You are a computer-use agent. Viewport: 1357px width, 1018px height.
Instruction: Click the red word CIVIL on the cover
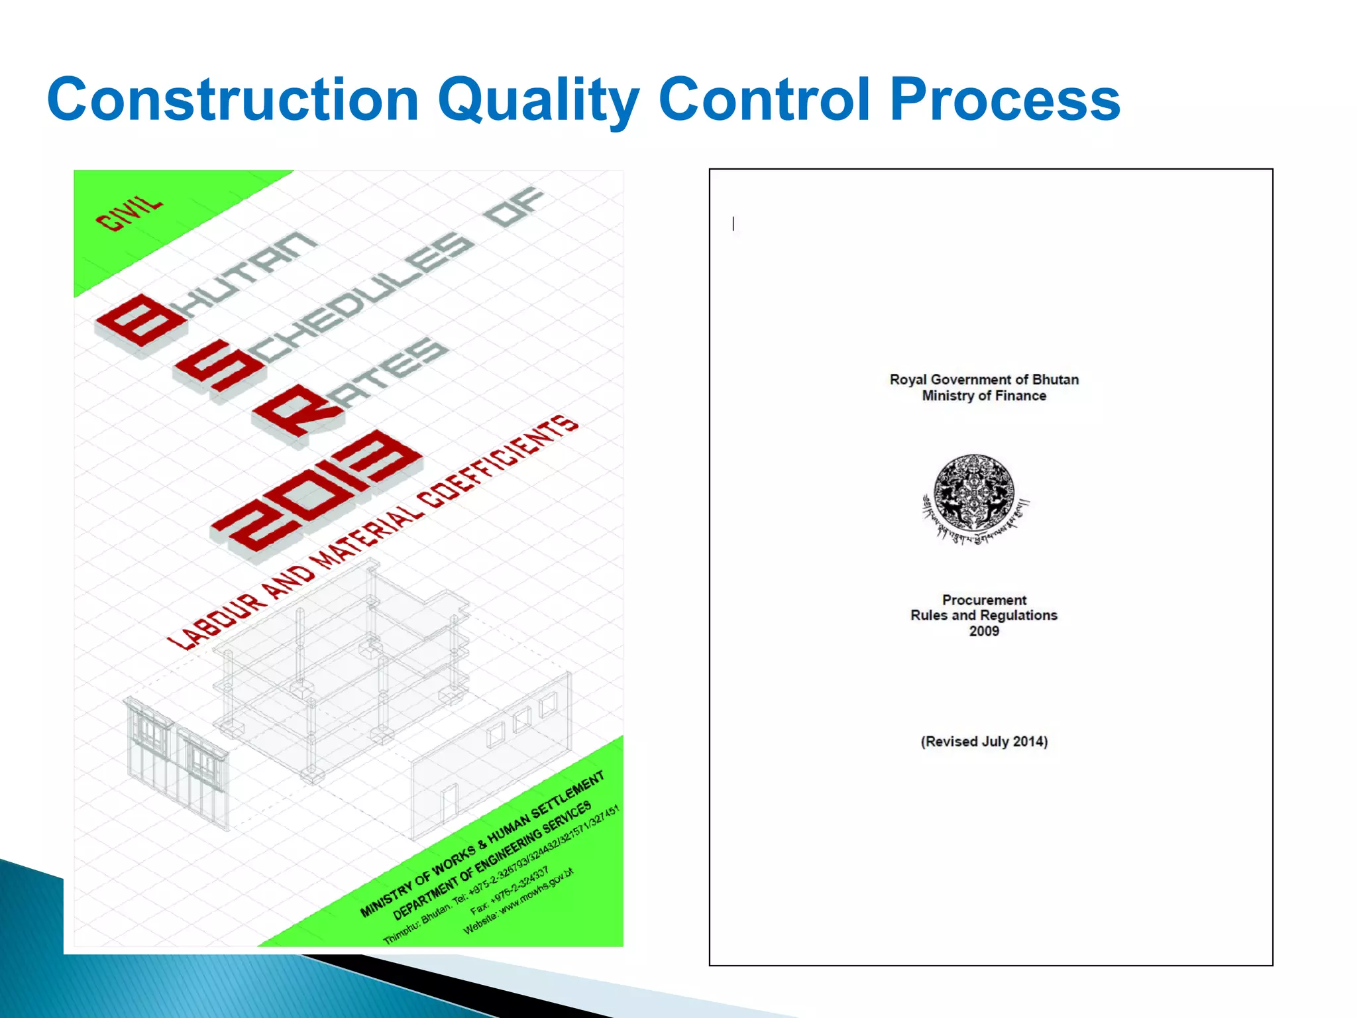pyautogui.click(x=129, y=213)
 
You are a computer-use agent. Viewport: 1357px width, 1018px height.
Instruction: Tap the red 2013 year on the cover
pyautogui.click(x=317, y=490)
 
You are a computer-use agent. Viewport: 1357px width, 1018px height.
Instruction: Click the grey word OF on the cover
pyautogui.click(x=514, y=207)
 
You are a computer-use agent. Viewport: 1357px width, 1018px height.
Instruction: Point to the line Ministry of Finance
pyautogui.click(x=984, y=396)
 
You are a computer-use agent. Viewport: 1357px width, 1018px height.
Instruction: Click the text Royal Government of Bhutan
pyautogui.click(x=984, y=380)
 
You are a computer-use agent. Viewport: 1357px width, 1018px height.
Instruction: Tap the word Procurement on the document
pyautogui.click(x=984, y=600)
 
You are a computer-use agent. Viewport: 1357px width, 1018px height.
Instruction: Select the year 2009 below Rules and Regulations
pyautogui.click(x=984, y=631)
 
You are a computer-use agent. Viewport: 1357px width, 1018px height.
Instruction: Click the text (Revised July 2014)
pyautogui.click(x=984, y=742)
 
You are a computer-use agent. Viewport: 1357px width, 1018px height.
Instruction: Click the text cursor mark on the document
pyautogui.click(x=733, y=224)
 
